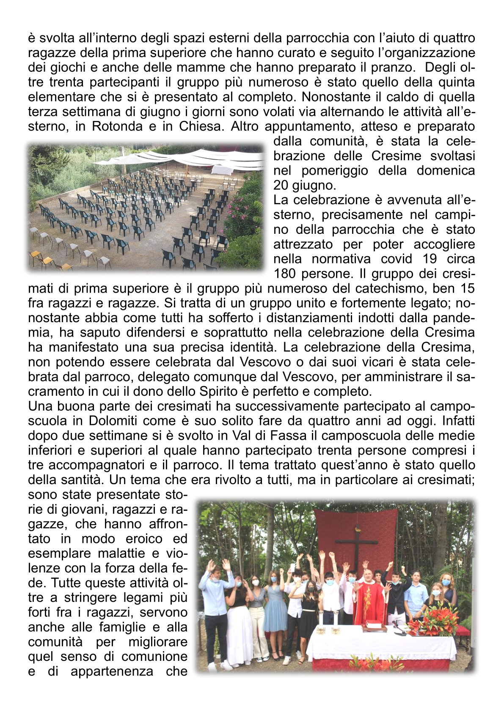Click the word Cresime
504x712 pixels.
pyautogui.click(x=397, y=156)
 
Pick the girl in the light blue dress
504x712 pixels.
pyautogui.click(x=275, y=605)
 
